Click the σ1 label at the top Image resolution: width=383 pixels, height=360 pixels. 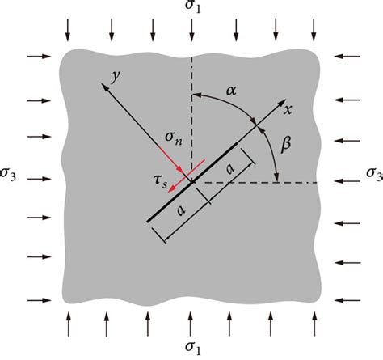click(191, 8)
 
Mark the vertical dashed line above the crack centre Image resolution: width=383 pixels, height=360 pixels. click(191, 113)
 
